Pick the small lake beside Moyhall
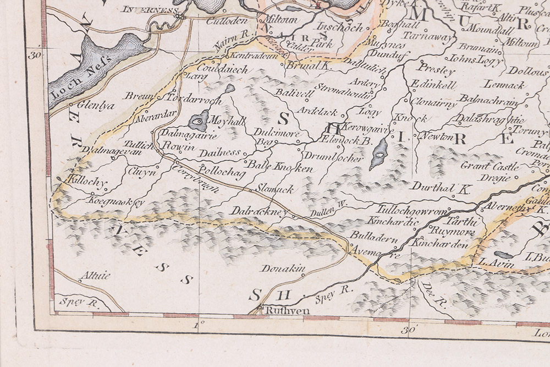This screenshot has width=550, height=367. pos(199,120)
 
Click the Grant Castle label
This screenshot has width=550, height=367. pos(482,166)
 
